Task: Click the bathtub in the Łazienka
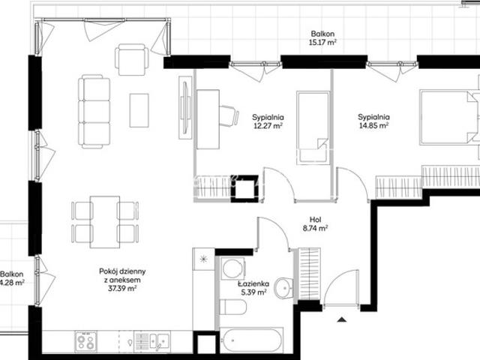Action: click(x=251, y=340)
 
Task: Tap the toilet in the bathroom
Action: click(x=233, y=307)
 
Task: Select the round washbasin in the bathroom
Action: click(x=283, y=288)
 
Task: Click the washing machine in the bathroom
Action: click(x=233, y=268)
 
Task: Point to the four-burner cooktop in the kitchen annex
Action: click(x=86, y=341)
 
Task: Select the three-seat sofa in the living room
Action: click(x=94, y=112)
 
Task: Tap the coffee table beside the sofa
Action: click(x=139, y=110)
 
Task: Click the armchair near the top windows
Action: click(x=132, y=59)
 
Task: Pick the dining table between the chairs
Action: click(x=105, y=222)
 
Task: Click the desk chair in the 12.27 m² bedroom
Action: click(x=229, y=115)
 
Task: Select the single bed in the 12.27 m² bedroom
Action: click(x=313, y=127)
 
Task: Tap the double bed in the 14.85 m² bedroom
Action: click(x=450, y=116)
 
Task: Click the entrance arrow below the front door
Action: click(x=342, y=320)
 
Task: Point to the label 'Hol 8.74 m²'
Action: click(x=315, y=223)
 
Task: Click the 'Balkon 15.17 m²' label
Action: click(x=322, y=38)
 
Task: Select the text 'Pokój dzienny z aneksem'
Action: click(x=122, y=275)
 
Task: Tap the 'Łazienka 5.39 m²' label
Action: click(x=253, y=288)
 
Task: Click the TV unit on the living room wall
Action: click(x=185, y=107)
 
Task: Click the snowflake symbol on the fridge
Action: click(x=203, y=259)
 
